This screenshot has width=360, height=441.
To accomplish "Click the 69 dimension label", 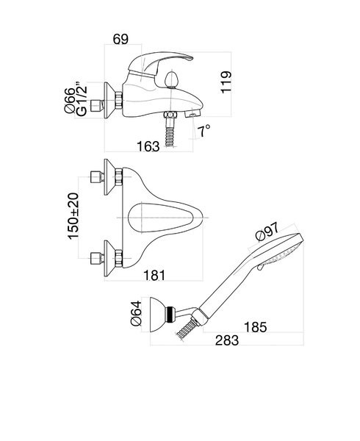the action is [x=120, y=39].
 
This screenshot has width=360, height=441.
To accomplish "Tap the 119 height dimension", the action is [x=226, y=82].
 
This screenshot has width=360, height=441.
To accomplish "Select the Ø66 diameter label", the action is [x=70, y=101].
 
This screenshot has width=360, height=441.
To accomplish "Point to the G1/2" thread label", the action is [x=82, y=99].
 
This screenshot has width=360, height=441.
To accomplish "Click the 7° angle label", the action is [x=204, y=131].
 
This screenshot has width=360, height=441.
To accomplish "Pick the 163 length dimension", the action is [x=148, y=146].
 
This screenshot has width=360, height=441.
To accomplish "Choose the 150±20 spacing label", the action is [x=73, y=216].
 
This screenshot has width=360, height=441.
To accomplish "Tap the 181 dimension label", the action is [x=154, y=276].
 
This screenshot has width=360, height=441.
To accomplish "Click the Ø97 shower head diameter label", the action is [x=267, y=232].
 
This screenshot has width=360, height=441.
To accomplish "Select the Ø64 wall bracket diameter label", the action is [x=137, y=313].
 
